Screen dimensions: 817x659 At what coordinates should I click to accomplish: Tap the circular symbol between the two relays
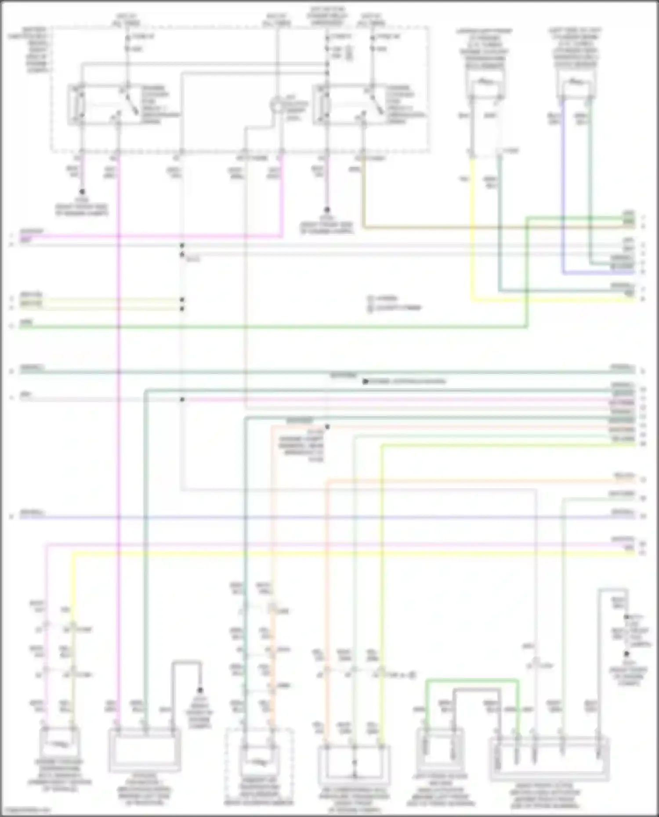tap(277, 106)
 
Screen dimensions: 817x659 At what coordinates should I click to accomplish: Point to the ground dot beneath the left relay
tap(82, 192)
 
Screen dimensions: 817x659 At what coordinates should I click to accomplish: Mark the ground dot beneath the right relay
tap(327, 210)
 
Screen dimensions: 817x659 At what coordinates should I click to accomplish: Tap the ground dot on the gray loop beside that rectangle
tap(200, 690)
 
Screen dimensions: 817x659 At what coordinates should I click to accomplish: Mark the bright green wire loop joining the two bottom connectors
tap(472, 681)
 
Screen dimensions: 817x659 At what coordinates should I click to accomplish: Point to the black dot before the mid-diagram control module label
tap(365, 382)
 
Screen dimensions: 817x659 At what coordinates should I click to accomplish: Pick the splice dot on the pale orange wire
tap(327, 426)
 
